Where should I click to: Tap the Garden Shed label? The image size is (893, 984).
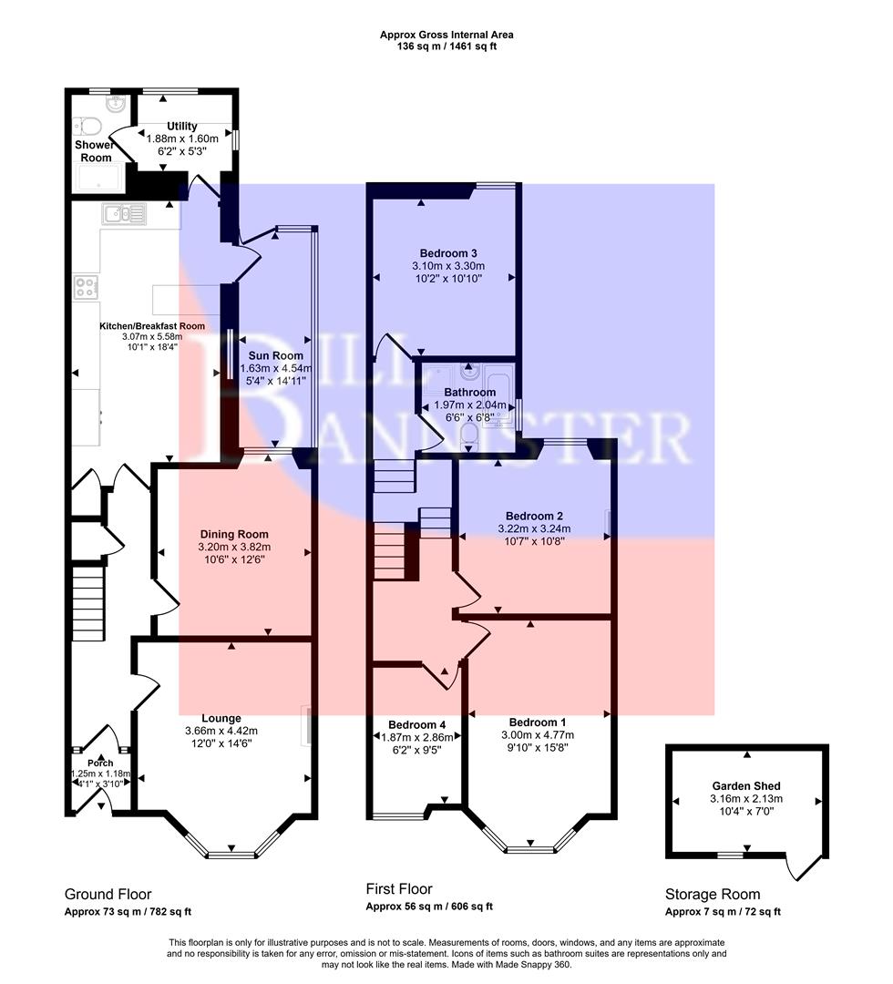coord(746,785)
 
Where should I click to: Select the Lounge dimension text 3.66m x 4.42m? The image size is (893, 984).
coord(224,731)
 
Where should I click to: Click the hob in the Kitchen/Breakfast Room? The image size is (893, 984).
coord(86,287)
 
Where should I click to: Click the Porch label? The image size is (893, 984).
coord(99,764)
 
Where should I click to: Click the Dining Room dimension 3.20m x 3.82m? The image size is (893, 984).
coord(234,548)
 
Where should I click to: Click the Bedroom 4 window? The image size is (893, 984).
coord(399,814)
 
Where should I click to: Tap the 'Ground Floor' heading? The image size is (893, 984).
coord(108,894)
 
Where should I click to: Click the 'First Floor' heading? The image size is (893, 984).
coord(399,889)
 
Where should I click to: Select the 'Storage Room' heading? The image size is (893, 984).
coord(712,894)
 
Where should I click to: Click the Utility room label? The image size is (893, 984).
coord(182,127)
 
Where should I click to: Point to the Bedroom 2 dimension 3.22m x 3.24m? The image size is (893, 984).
coord(534,528)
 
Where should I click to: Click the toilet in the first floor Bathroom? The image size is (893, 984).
coord(467,442)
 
